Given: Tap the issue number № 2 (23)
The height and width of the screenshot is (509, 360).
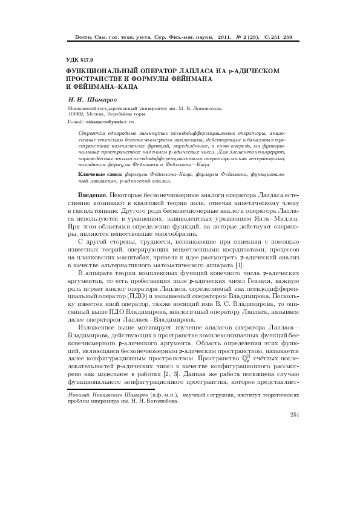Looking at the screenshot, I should (x=248, y=37).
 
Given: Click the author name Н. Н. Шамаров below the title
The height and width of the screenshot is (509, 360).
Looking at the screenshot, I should (x=93, y=98).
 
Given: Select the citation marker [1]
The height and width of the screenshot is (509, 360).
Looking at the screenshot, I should (x=240, y=265).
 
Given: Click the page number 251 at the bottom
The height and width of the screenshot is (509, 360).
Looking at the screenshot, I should (x=295, y=414).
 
